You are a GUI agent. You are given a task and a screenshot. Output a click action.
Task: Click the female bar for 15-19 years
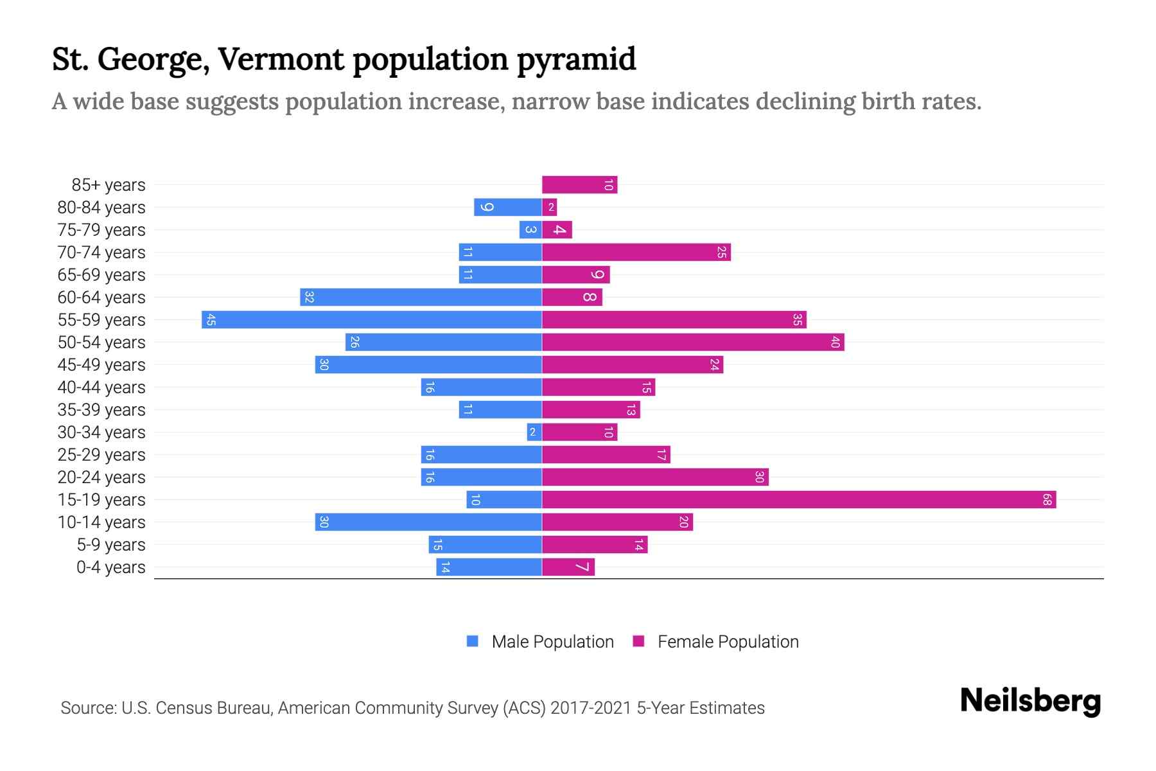(799, 500)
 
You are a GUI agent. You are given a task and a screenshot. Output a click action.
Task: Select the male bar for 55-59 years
(372, 320)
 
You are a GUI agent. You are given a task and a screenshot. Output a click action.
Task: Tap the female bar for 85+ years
(579, 185)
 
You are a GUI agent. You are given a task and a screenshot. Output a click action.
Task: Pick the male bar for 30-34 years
(534, 432)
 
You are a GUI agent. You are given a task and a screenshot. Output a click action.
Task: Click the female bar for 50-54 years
(693, 342)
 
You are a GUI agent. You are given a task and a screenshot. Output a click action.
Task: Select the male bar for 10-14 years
(428, 522)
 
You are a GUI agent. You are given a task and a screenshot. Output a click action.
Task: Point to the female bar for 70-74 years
(636, 253)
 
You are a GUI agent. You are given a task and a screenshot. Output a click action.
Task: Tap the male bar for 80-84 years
(508, 208)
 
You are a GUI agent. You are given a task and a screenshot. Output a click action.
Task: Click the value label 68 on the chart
(1047, 500)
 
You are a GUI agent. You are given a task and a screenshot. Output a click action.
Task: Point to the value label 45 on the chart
(211, 320)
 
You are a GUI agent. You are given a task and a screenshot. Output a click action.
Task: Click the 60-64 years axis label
(101, 297)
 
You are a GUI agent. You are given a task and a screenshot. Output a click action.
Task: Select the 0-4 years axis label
(110, 567)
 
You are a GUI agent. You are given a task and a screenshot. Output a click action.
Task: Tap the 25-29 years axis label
(101, 455)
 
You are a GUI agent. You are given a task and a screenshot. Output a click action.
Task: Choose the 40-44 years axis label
(101, 387)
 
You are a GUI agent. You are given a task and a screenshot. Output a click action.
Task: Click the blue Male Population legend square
(473, 641)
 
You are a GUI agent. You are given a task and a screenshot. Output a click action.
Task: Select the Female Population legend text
(728, 642)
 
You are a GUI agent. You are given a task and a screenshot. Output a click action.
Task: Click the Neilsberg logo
(1030, 701)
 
